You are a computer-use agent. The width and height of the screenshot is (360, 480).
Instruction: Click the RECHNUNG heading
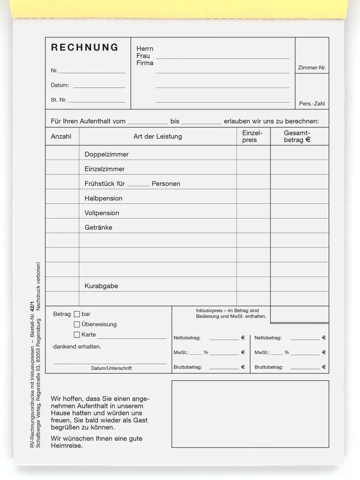(x=84, y=47)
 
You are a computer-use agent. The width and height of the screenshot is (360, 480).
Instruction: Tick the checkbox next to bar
(x=77, y=314)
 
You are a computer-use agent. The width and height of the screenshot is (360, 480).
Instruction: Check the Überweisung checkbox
(x=77, y=324)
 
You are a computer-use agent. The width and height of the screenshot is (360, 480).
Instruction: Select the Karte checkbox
(x=77, y=335)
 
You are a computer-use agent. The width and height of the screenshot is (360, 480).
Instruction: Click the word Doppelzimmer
(x=106, y=155)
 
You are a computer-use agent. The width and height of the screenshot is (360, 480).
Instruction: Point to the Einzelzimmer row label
(x=105, y=169)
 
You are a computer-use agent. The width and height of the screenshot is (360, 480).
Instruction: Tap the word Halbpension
(x=103, y=198)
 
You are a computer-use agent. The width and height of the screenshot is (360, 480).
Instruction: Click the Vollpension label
(x=102, y=213)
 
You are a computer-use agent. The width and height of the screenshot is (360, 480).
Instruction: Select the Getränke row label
(x=98, y=228)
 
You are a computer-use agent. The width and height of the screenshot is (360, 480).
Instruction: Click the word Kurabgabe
(x=101, y=286)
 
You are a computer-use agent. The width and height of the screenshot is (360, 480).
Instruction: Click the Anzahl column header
(x=61, y=137)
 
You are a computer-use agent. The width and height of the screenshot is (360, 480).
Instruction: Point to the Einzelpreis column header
(x=252, y=136)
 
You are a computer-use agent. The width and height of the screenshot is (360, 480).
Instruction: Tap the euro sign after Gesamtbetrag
(x=308, y=140)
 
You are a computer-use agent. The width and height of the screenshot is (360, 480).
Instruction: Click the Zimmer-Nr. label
(x=312, y=68)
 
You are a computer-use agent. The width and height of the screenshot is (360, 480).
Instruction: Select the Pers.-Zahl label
(x=312, y=104)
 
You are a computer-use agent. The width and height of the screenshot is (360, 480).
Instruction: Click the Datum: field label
(x=60, y=85)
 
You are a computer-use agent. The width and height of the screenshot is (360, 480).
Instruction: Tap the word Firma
(x=145, y=63)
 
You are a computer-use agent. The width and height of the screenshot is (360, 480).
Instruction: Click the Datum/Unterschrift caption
(x=111, y=368)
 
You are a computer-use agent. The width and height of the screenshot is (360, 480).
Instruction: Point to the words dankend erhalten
(x=77, y=347)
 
